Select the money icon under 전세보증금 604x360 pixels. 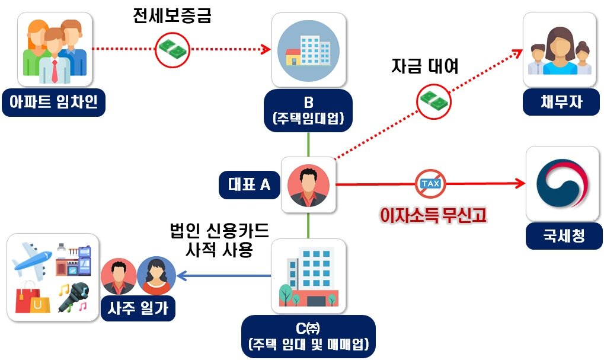[172, 49]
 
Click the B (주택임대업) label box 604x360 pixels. [308, 110]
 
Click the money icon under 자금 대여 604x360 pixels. [434, 101]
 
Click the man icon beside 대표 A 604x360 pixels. [308, 184]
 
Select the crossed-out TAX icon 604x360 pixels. [432, 184]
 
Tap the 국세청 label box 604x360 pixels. [563, 237]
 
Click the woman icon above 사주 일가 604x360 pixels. [156, 276]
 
